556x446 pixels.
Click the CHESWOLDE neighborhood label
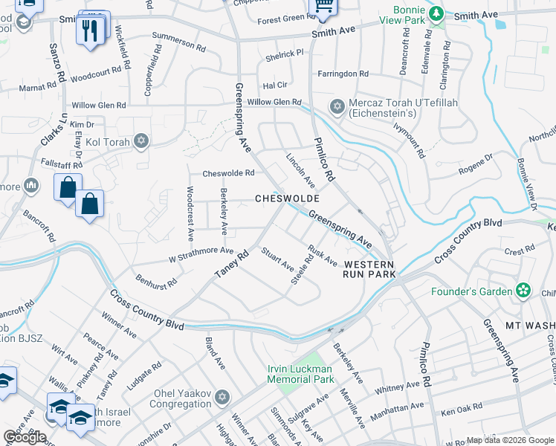(287, 199)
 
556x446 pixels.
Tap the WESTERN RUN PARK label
(369, 269)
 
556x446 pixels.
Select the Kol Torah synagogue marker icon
(141, 141)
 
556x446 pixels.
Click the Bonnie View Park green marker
(437, 13)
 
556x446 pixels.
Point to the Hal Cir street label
(275, 85)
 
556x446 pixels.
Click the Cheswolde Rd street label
(229, 173)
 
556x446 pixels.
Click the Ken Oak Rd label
(462, 411)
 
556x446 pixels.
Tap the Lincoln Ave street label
(302, 170)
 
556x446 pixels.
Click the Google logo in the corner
(25, 437)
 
